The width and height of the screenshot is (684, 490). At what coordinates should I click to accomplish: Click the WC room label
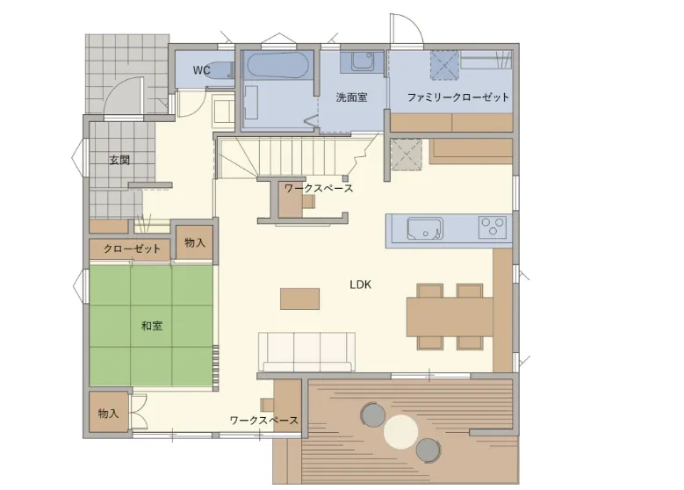[x=202, y=70]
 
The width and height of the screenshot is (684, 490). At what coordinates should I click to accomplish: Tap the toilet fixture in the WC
[x=220, y=70]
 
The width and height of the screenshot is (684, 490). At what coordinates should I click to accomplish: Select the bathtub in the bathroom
[x=277, y=65]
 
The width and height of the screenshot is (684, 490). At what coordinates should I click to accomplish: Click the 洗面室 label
[x=351, y=97]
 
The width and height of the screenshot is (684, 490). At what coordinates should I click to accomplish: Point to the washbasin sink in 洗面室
[x=363, y=61]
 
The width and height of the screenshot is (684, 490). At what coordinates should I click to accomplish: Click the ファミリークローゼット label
[x=458, y=97]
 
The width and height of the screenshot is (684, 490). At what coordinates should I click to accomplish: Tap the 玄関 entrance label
[x=119, y=160]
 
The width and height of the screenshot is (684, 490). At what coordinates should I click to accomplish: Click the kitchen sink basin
[x=425, y=228]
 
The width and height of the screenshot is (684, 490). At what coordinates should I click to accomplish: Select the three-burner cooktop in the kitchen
[x=493, y=227]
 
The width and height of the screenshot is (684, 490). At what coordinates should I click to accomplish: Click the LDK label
[x=360, y=285]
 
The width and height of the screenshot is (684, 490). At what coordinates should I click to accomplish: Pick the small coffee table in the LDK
[x=299, y=299]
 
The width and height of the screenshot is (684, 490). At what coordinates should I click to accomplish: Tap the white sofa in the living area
[x=306, y=351]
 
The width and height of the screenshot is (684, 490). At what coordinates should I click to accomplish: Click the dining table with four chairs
[x=450, y=317]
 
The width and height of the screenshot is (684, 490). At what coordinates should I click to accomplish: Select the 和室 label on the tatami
[x=152, y=326]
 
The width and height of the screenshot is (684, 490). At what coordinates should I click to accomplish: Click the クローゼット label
[x=132, y=249]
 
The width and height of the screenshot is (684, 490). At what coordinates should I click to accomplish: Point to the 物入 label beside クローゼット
[x=195, y=242]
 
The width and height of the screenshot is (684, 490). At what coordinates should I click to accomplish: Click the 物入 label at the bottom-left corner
[x=108, y=413]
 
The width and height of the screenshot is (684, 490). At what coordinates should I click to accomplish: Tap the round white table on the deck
[x=401, y=432]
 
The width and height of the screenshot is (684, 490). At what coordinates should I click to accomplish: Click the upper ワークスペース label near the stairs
[x=319, y=189]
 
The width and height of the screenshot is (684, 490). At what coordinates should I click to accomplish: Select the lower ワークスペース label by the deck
[x=264, y=420]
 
